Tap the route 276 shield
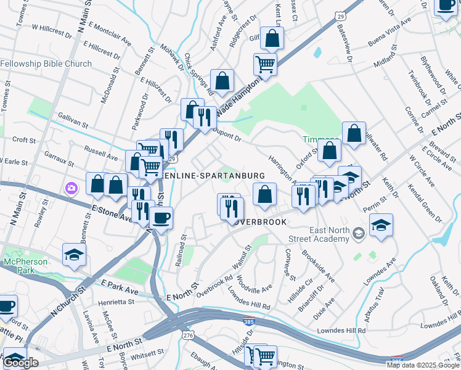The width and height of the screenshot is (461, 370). tap(186, 334)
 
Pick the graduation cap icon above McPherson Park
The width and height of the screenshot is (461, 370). tap(74, 254)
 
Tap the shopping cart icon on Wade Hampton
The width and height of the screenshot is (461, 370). tap(265, 64)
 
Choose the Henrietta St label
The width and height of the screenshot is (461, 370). tap(114, 302)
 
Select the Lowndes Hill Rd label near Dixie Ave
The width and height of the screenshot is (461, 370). tap(341, 331)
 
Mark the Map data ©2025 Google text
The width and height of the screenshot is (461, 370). tap(423, 365)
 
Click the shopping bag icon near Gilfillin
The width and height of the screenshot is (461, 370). tap(272, 38)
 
